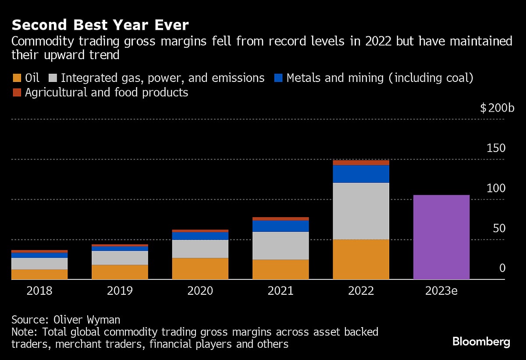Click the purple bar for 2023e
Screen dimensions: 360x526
click(441, 237)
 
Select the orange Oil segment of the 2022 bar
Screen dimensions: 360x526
click(361, 259)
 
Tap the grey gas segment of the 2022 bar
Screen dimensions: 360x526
click(361, 211)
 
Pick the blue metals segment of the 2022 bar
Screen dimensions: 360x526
click(361, 174)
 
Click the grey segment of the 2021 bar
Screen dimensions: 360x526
click(281, 246)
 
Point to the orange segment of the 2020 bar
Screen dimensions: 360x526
click(200, 268)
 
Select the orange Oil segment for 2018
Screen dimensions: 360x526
click(39, 274)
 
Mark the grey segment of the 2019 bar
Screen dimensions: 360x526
click(120, 258)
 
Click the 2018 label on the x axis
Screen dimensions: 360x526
click(39, 291)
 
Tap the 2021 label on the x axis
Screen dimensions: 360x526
click(281, 291)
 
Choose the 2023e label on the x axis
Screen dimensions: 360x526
click(441, 291)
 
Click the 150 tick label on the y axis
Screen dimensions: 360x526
click(496, 148)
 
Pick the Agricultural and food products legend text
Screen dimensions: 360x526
click(107, 92)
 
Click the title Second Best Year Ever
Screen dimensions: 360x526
click(100, 25)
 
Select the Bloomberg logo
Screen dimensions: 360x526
click(481, 342)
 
